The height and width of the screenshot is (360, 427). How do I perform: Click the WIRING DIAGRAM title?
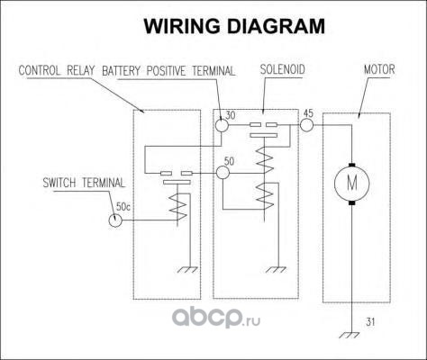pyautogui.click(x=234, y=26)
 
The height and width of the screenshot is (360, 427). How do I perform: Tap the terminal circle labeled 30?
pyautogui.click(x=223, y=125)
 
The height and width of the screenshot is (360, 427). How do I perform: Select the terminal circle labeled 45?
pyautogui.click(x=306, y=125)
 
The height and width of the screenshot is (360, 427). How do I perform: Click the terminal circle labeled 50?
pyautogui.click(x=223, y=173)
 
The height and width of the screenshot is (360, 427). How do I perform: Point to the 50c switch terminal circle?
pyautogui.click(x=115, y=220)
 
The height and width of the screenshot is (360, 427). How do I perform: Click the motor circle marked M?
pyautogui.click(x=352, y=183)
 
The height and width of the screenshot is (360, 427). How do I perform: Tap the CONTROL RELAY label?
pyautogui.click(x=57, y=71)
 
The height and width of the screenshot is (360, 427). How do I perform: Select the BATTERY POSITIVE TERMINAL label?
pyautogui.click(x=168, y=71)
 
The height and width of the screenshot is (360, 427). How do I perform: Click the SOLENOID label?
pyautogui.click(x=282, y=69)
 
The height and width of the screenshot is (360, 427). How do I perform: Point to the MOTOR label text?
pyautogui.click(x=379, y=69)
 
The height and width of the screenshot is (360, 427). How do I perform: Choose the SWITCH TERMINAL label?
pyautogui.click(x=84, y=183)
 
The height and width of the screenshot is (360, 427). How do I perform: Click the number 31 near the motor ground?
pyautogui.click(x=370, y=322)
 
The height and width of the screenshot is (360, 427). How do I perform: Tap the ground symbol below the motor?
pyautogui.click(x=350, y=335)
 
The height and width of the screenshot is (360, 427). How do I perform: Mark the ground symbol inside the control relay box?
pyautogui.click(x=188, y=270)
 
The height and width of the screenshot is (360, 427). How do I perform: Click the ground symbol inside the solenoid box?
pyautogui.click(x=277, y=270)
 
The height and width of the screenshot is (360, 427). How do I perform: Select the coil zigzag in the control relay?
pyautogui.click(x=178, y=207)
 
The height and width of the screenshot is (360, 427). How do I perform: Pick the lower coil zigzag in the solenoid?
pyautogui.click(x=265, y=196)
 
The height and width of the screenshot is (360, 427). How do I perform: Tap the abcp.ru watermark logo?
pyautogui.click(x=216, y=319)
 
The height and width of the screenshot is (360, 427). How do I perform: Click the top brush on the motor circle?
pyautogui.click(x=352, y=165)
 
